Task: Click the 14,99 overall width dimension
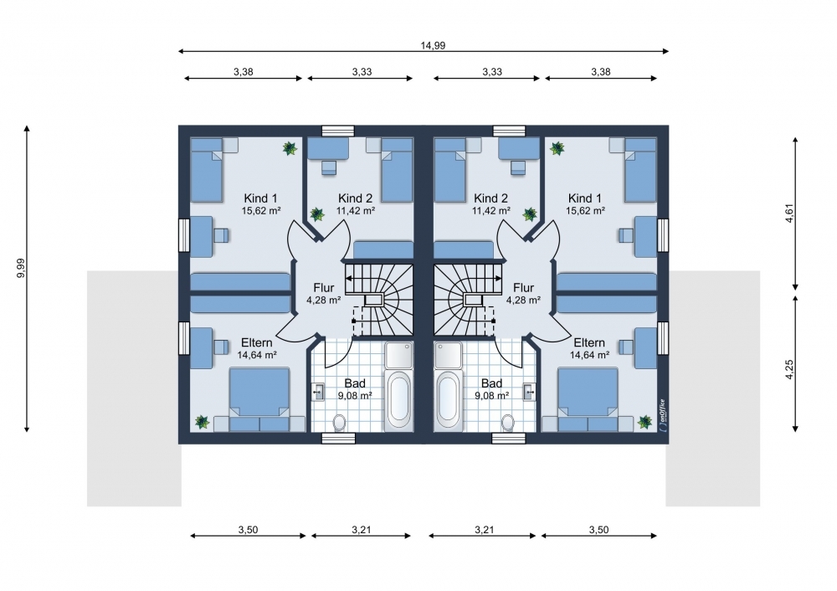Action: click(433, 45)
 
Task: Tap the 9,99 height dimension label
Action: click(21, 268)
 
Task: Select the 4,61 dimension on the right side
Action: click(790, 213)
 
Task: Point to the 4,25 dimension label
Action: click(790, 369)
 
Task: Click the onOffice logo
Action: click(662, 415)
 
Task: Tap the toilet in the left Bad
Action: click(339, 422)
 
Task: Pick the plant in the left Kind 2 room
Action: click(317, 214)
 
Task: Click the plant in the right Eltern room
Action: click(644, 422)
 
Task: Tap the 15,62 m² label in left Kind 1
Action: click(261, 211)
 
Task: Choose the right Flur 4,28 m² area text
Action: click(523, 300)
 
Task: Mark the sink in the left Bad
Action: click(317, 392)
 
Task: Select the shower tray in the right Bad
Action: click(448, 355)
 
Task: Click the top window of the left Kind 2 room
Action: click(338, 131)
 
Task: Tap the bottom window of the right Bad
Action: click(509, 439)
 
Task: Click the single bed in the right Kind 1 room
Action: click(640, 170)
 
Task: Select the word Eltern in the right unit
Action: click(589, 342)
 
